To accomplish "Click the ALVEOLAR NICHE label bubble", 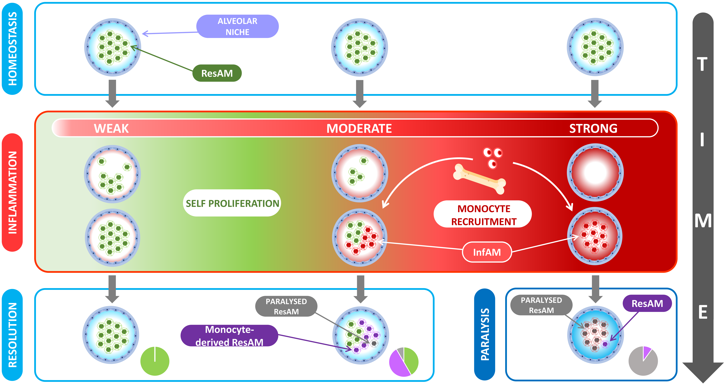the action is [x=238, y=26].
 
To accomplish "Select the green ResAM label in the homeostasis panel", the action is [x=217, y=73].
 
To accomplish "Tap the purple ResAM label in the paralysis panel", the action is [x=647, y=303].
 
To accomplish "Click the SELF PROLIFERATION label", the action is [x=232, y=203].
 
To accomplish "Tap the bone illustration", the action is [x=479, y=179].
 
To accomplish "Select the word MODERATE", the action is [x=359, y=128].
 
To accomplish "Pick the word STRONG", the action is [x=593, y=128].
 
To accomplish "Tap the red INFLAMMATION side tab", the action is [x=12, y=192].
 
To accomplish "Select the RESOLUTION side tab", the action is [x=12, y=335].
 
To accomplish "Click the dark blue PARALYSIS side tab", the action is [x=485, y=334].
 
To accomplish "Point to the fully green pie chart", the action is [x=155, y=361].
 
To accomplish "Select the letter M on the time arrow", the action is [x=703, y=221].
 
